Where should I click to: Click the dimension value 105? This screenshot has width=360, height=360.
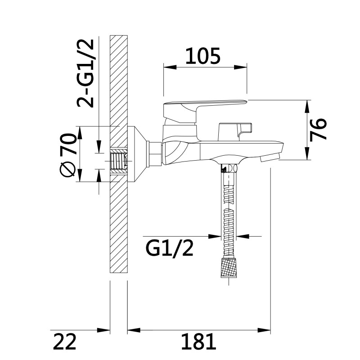(x=203, y=56)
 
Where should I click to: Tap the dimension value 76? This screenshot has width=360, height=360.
(x=318, y=130)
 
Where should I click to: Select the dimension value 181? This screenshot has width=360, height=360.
(x=198, y=342)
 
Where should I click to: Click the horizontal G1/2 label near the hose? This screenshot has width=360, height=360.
(x=170, y=247)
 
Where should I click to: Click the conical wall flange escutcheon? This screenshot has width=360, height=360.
(x=137, y=153)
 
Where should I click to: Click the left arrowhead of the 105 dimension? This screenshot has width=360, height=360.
(x=168, y=67)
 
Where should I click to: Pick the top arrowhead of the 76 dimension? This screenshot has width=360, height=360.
(x=307, y=104)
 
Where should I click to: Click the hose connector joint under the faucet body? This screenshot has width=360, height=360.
(x=228, y=169)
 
